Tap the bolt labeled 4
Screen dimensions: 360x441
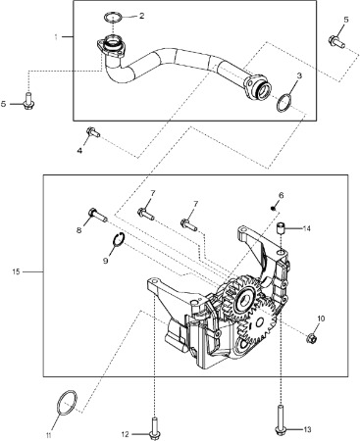93,132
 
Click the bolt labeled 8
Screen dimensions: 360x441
97,215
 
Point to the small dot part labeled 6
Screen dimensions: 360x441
273,208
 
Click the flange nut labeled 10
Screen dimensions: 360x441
311,338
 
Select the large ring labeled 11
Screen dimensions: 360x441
59,403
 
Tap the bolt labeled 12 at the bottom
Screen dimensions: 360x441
154,427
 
